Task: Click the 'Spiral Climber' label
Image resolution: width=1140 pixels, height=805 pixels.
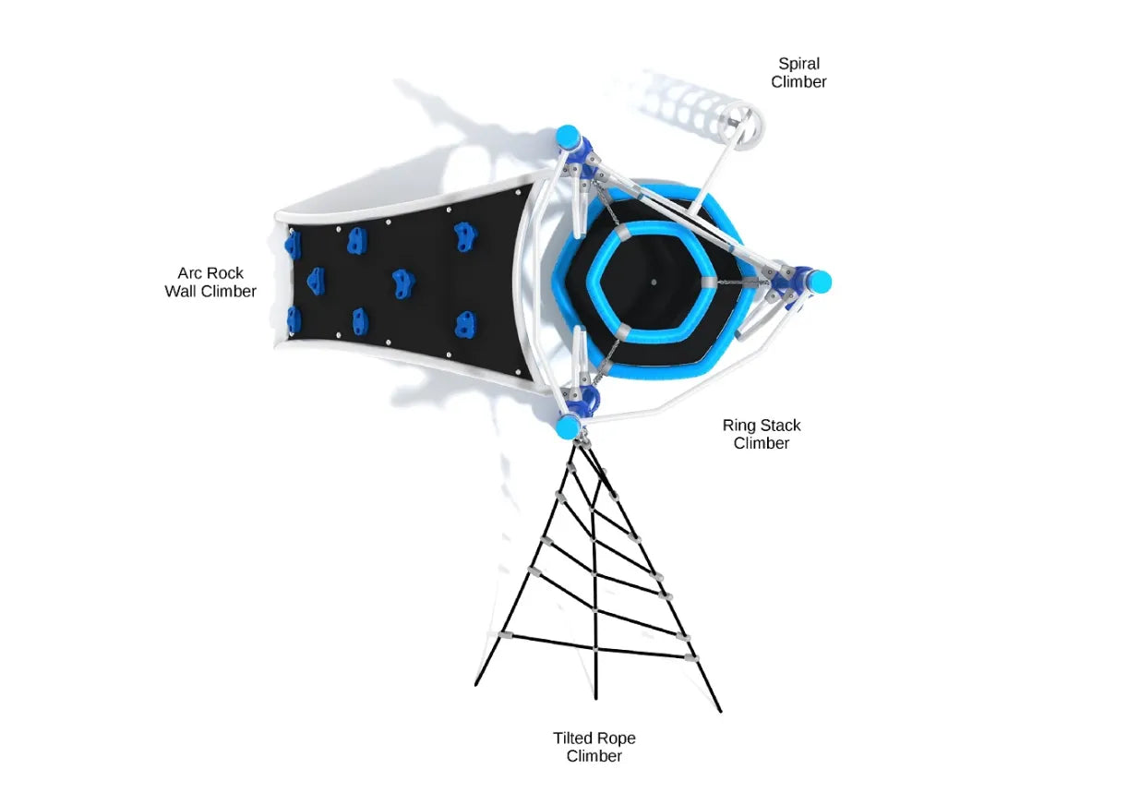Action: coord(798,73)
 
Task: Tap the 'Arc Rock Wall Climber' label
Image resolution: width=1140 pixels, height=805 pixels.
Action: coord(210,282)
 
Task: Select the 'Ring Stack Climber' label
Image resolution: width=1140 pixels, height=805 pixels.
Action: coord(762,434)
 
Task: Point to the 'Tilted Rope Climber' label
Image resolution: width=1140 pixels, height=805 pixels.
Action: coord(594,747)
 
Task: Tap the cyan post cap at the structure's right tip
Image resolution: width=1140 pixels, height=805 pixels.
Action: coord(820,282)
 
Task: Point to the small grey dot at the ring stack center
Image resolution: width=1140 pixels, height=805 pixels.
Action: coord(654,282)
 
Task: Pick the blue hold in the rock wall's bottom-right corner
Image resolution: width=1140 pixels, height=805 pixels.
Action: coord(465,323)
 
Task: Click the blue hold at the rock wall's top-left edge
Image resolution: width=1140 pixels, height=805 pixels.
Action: coord(293,244)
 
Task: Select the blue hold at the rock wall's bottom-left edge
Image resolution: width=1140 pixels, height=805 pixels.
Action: coord(294,320)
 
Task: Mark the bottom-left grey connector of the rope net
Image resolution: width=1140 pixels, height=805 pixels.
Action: coord(505,637)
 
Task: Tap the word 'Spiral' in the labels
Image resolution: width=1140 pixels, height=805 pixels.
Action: coord(798,64)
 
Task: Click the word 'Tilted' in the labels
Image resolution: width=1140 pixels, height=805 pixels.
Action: coord(573,739)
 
